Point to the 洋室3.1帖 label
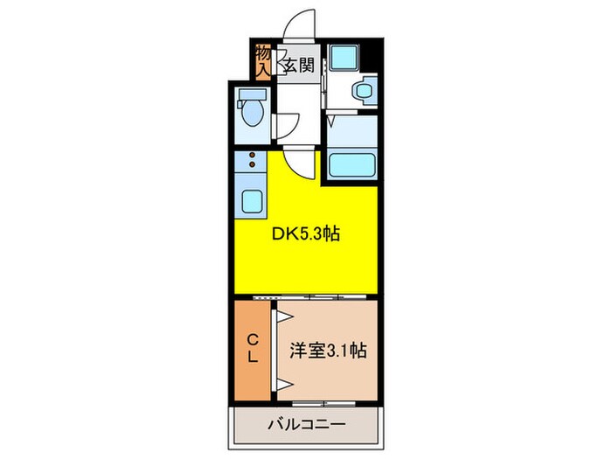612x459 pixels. point(327,351)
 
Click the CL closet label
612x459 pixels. point(251,348)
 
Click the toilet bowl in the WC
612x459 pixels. point(252,114)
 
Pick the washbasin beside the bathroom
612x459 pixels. point(363,90)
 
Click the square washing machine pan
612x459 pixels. point(344,59)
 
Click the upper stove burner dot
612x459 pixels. point(253,156)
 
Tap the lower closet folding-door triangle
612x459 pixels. point(283,382)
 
